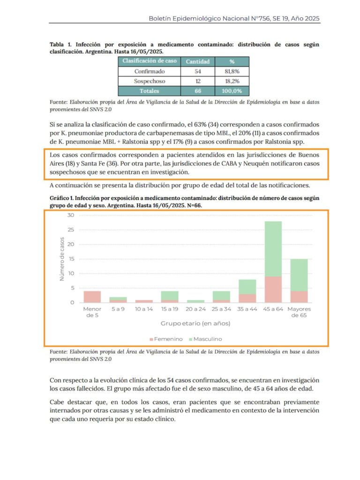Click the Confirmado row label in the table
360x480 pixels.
[149, 71]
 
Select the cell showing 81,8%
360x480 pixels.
[232, 71]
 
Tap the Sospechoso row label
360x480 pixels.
[149, 81]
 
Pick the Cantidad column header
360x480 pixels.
[197, 61]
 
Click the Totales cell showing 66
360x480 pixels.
[197, 91]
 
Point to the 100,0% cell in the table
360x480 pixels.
[232, 91]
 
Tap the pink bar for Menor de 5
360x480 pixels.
[92, 297]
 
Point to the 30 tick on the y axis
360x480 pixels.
[71, 215]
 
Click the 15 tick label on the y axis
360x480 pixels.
[71, 259]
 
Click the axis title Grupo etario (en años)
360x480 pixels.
[195, 323]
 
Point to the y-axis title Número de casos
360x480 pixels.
[62, 259]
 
